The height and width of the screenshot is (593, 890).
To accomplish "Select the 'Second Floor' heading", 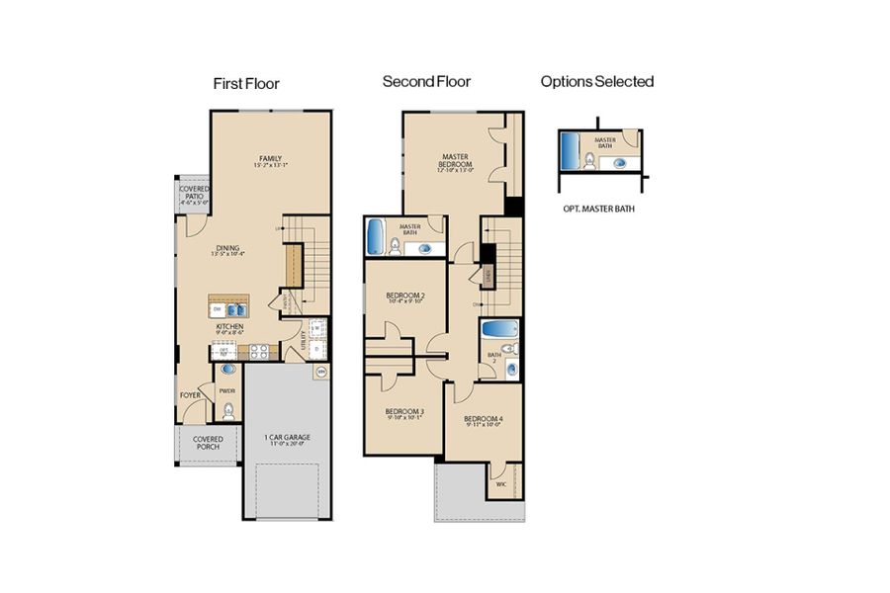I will pos(426,82).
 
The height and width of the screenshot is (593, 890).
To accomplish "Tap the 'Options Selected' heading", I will pos(596,82).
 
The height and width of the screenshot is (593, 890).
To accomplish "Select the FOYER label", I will pos(190,395).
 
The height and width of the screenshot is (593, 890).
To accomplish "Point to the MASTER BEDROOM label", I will pos(455,163).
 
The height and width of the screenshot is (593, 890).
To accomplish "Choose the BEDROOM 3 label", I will pos(404,413).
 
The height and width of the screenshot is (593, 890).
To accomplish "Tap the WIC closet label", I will pos(499,483).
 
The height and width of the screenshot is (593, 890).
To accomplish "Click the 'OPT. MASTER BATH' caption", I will pos(597,210).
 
